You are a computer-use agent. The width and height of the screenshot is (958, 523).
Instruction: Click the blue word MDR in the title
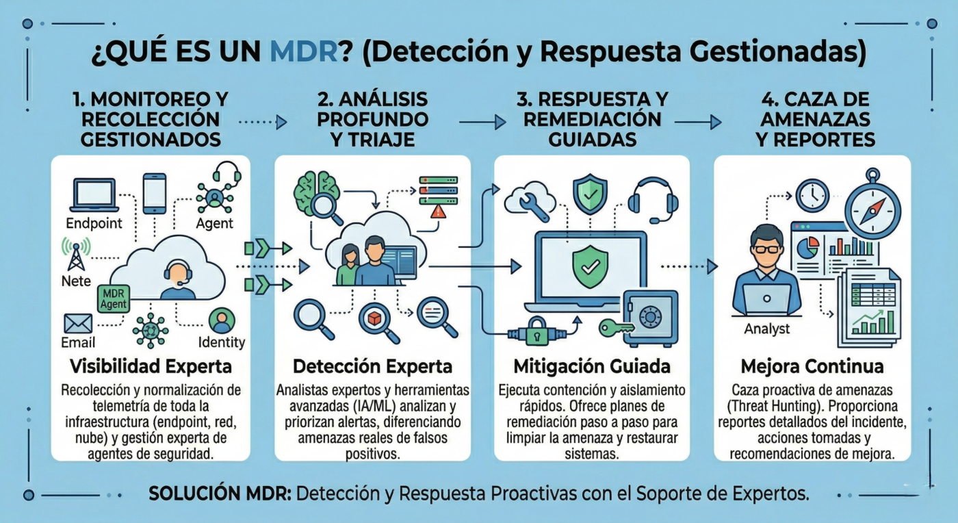tap(304, 52)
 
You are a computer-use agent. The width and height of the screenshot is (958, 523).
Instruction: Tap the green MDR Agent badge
tap(114, 298)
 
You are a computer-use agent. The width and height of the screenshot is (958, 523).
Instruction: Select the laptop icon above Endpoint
tap(94, 195)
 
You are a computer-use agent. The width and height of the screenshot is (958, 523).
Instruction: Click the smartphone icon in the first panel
tap(155, 193)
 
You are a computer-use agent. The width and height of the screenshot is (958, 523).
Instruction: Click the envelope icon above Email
tap(78, 324)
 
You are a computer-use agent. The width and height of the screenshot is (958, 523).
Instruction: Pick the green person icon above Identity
tap(222, 321)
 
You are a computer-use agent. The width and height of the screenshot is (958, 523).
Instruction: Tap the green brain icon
tap(317, 191)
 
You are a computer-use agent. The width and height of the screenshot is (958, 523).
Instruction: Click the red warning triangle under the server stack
tap(438, 212)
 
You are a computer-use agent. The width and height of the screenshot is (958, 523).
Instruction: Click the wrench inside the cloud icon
tap(532, 205)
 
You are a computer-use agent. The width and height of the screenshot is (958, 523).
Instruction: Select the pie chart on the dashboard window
tap(807, 248)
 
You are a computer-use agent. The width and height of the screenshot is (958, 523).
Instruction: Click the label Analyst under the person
tap(767, 329)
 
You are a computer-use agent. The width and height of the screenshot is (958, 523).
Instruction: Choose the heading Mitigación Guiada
tap(592, 366)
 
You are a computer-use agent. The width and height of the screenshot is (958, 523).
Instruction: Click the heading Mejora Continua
tap(812, 366)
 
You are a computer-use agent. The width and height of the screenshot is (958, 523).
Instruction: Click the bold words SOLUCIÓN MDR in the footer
tap(220, 494)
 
